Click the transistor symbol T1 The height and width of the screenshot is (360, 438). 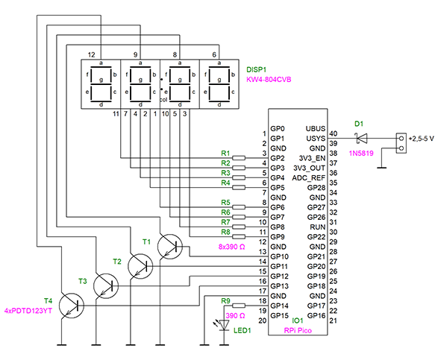coord(170,247)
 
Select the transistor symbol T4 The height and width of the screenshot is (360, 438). coord(72,306)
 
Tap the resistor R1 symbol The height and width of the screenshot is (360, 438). coord(239,158)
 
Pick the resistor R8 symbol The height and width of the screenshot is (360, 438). coord(239,237)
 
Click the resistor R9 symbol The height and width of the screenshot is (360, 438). coord(239,306)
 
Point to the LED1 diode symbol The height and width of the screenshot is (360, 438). coord(224,325)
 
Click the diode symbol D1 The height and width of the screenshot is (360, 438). coord(362,138)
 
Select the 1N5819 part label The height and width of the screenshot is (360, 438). coord(361,153)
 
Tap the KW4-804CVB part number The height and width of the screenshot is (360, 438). coord(269,80)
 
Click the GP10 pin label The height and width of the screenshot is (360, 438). coord(279,256)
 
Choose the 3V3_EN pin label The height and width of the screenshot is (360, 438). coord(313,158)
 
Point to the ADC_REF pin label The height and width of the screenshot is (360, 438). coord(309,178)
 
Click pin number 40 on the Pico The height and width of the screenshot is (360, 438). coord(334,133)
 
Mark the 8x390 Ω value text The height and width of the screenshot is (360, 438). coord(231,247)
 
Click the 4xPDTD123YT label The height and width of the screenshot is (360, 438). coord(28,311)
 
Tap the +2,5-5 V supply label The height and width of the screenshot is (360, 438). coord(422,139)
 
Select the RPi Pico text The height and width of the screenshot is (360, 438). coord(298,330)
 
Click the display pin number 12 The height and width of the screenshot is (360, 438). coord(91,54)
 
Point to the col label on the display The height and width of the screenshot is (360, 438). coord(163,100)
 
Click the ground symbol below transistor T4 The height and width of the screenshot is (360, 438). coord(62,345)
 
